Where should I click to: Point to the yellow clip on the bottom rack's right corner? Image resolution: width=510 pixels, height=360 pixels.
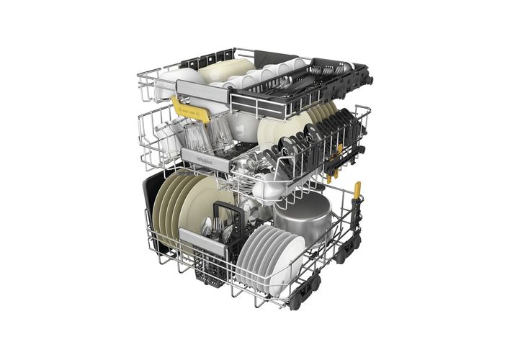tap(357, 191)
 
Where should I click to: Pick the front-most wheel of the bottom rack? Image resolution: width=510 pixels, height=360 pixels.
tap(295, 303)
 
